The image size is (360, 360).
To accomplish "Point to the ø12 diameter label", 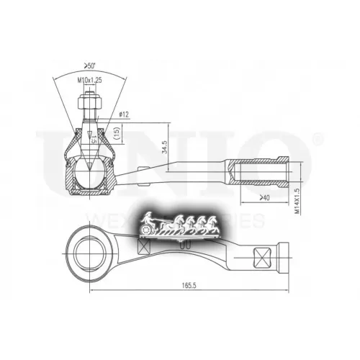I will coord(122,114).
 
